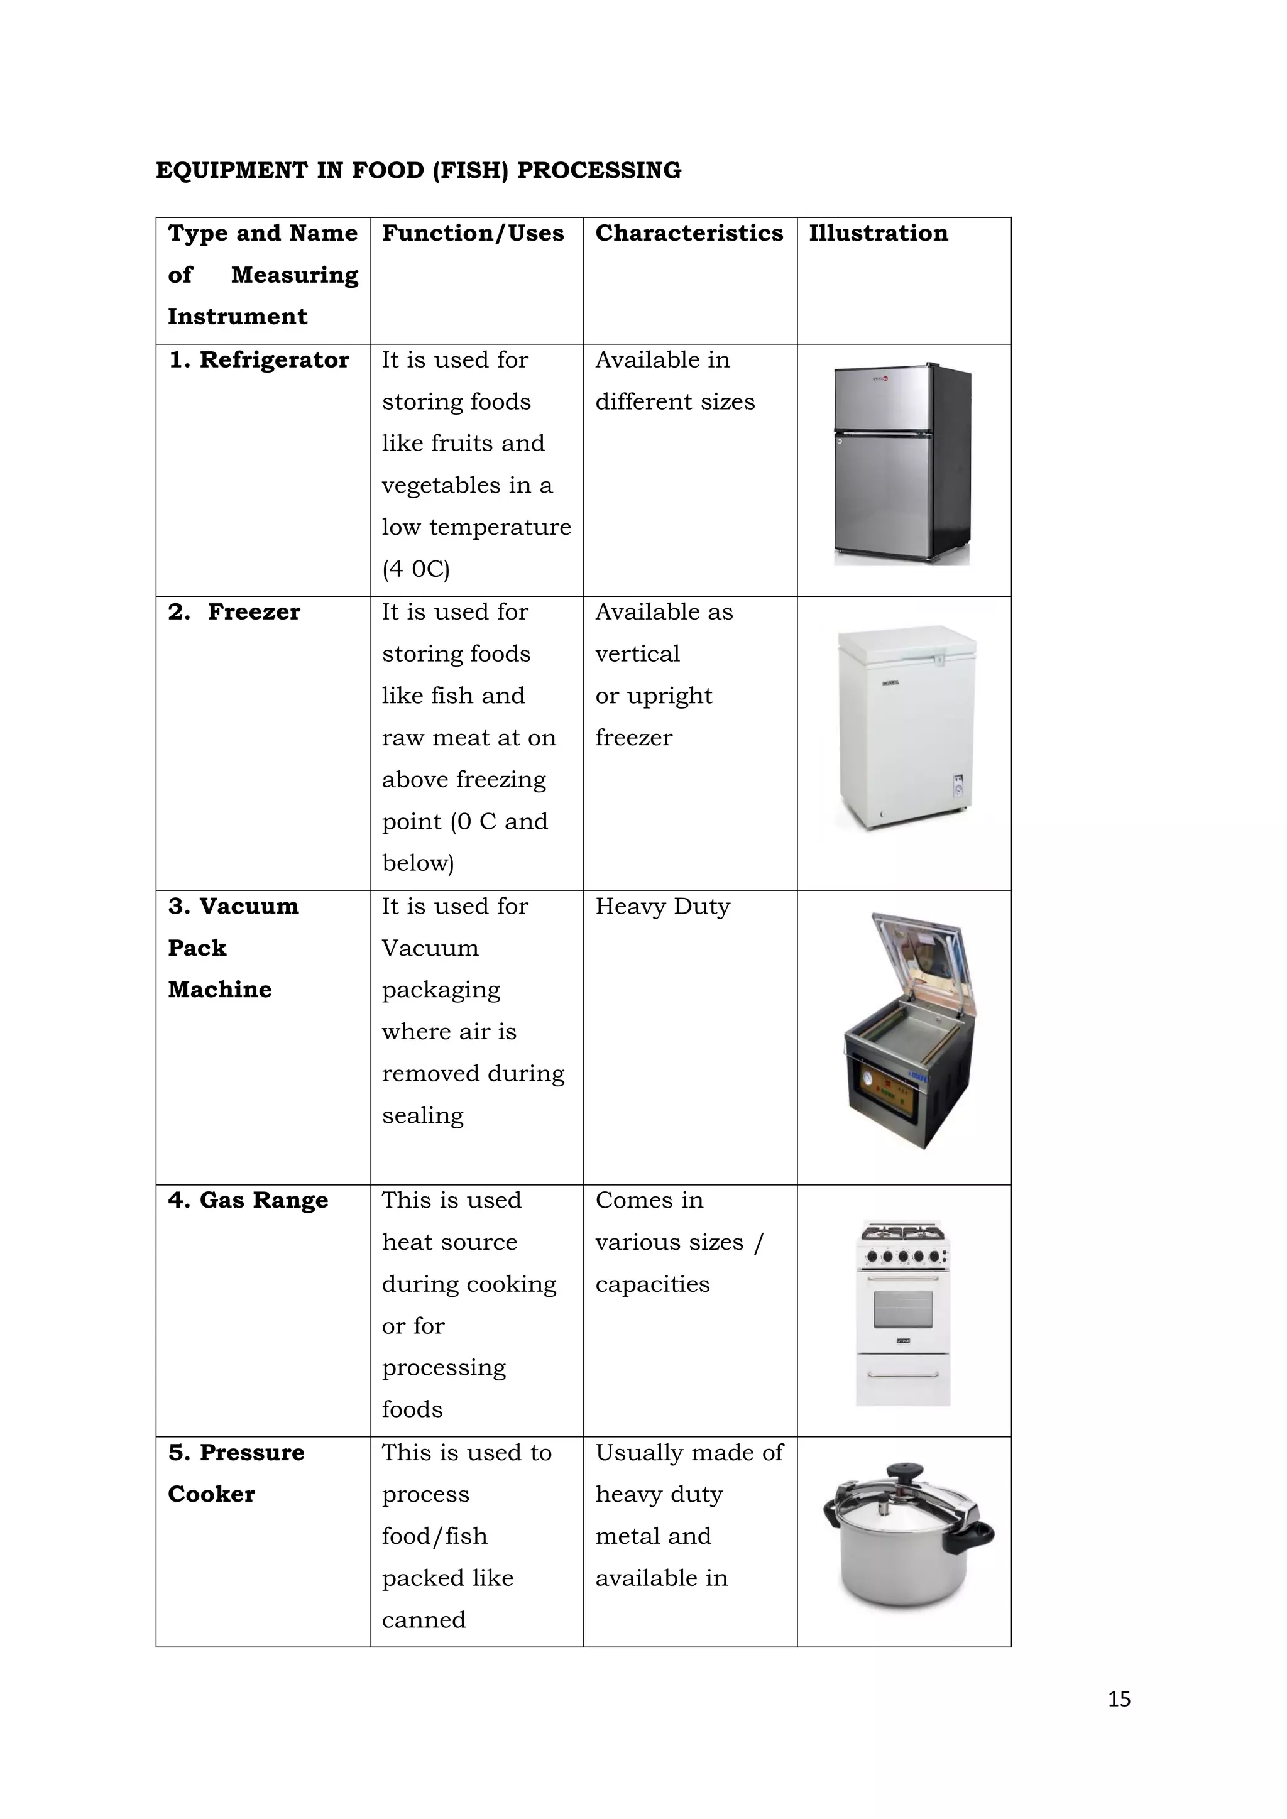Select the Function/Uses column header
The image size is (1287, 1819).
pos(473,233)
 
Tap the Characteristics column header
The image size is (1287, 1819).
pos(689,233)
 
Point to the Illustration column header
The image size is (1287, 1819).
pos(878,233)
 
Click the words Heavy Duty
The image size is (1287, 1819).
pos(662,906)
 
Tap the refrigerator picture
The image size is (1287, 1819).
pos(902,466)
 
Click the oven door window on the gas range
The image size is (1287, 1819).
pos(902,1309)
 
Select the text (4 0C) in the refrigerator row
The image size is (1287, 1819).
pos(415,569)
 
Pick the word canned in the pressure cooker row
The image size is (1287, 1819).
pos(423,1620)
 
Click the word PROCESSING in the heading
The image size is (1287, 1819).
pos(598,170)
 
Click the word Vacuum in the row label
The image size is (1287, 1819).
pos(249,906)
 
